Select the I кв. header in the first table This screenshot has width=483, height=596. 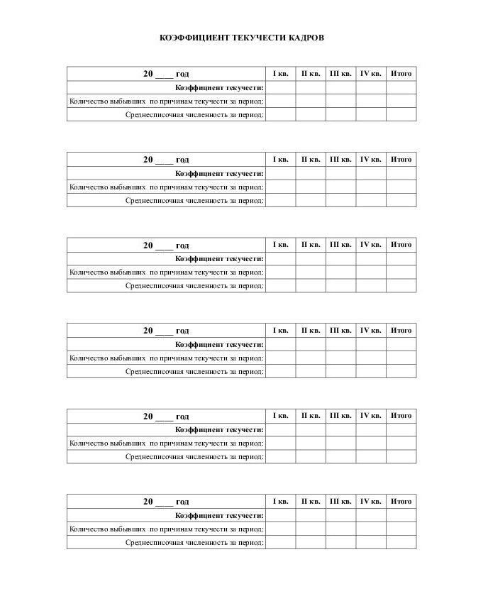click(281, 74)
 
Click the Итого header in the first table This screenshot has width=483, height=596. click(401, 74)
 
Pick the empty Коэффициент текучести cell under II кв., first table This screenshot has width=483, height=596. click(311, 87)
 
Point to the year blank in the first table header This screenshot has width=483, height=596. click(164, 74)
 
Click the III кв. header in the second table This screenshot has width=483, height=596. click(340, 160)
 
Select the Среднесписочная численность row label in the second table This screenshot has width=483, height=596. click(195, 201)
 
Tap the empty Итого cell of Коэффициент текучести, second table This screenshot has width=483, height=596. click(401, 173)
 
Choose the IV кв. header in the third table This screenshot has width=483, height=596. click(371, 245)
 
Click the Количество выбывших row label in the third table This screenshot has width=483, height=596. click(167, 272)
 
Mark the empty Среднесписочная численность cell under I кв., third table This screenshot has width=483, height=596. click(281, 286)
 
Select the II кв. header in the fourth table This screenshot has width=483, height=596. click(311, 331)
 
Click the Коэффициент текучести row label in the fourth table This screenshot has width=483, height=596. click(220, 344)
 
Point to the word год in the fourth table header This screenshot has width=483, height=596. click(182, 331)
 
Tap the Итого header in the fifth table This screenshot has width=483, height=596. click(401, 416)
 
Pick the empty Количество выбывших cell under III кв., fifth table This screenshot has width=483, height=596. click(340, 443)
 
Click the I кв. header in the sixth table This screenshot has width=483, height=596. click(281, 502)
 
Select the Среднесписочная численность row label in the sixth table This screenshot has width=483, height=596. click(195, 543)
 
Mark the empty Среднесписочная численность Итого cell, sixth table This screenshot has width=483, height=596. click(401, 543)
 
